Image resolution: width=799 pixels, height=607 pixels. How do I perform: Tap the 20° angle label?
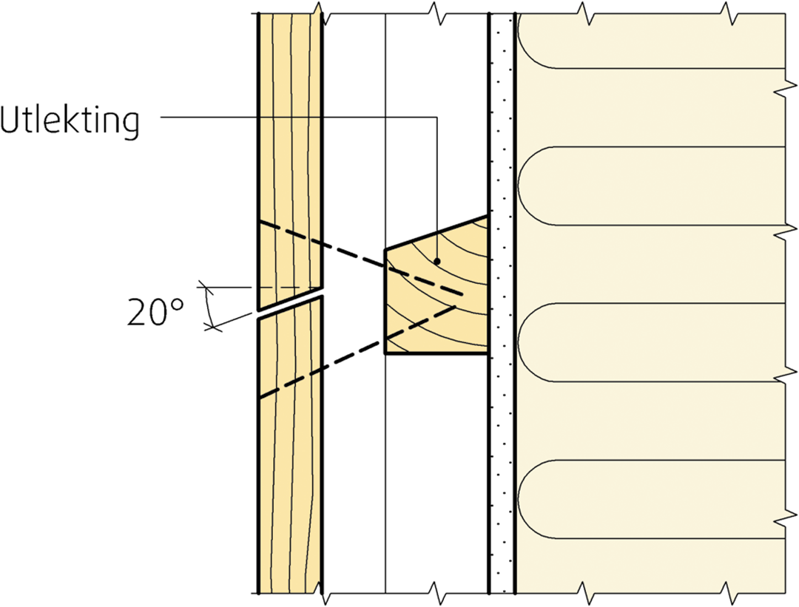(155, 312)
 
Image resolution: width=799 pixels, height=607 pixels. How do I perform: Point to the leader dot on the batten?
(436, 261)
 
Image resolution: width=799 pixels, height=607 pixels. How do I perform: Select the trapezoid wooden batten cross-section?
(436, 291)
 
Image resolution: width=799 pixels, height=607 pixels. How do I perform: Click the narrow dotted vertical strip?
(502, 303)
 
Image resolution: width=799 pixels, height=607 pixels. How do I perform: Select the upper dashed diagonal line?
(361, 258)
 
